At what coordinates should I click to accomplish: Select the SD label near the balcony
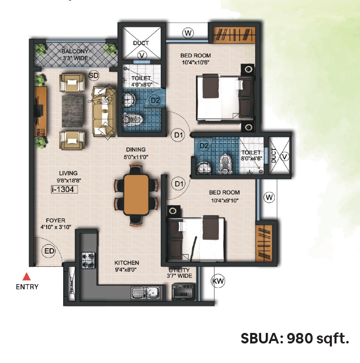point(93,75)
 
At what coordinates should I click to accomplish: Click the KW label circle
point(218,281)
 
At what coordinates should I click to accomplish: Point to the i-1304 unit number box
point(66,190)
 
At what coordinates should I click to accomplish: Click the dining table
point(136,195)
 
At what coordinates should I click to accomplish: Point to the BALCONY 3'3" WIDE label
point(75,55)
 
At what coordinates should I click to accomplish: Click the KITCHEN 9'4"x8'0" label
point(126,266)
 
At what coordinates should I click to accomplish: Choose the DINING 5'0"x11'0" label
point(136,153)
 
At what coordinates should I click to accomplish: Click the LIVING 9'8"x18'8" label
point(68,177)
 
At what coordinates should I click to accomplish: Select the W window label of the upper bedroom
point(188,33)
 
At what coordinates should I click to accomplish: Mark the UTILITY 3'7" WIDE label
point(179,273)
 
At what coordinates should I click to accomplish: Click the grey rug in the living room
point(75,110)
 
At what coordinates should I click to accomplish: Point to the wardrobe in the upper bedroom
point(230,34)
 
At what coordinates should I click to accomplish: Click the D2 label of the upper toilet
point(155,100)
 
